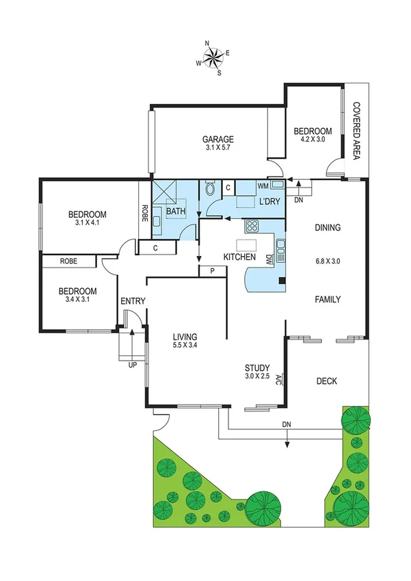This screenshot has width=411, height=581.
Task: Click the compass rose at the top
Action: [x=213, y=57]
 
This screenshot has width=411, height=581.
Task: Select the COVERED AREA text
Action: [x=356, y=131]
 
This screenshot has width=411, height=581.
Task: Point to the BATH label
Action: [x=176, y=212]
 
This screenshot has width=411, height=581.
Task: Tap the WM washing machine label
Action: [x=262, y=185]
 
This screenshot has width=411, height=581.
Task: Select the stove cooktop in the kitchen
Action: [x=252, y=226]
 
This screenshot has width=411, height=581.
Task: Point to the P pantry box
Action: [x=213, y=272]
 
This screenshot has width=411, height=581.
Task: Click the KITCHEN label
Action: [x=239, y=257]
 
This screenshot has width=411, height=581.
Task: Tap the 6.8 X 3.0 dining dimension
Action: [x=327, y=261]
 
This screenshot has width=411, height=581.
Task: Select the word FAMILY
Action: [x=328, y=299]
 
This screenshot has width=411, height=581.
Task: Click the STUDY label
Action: [x=258, y=367]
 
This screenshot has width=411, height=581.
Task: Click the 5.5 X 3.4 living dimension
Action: [x=185, y=347]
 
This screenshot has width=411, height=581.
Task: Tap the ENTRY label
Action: [x=132, y=301]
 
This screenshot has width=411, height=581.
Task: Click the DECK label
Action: [x=327, y=381]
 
